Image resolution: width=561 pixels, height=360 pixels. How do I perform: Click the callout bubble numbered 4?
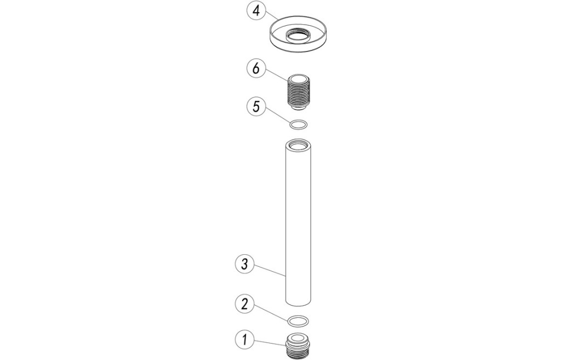(x=256, y=11)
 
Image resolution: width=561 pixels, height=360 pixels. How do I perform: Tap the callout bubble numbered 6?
(x=256, y=68)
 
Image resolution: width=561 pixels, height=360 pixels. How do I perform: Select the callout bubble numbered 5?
(x=256, y=106)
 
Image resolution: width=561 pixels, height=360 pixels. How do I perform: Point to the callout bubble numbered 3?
(x=244, y=265)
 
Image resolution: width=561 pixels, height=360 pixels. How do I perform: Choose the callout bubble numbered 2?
(x=244, y=304)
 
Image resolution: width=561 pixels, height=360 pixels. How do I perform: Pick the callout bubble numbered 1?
(x=244, y=339)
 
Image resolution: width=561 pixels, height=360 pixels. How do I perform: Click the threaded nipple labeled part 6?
(x=297, y=91)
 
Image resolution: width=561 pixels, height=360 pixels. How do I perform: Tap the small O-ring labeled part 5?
(x=298, y=125)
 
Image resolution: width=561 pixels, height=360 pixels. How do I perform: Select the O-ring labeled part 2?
(x=298, y=321)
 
